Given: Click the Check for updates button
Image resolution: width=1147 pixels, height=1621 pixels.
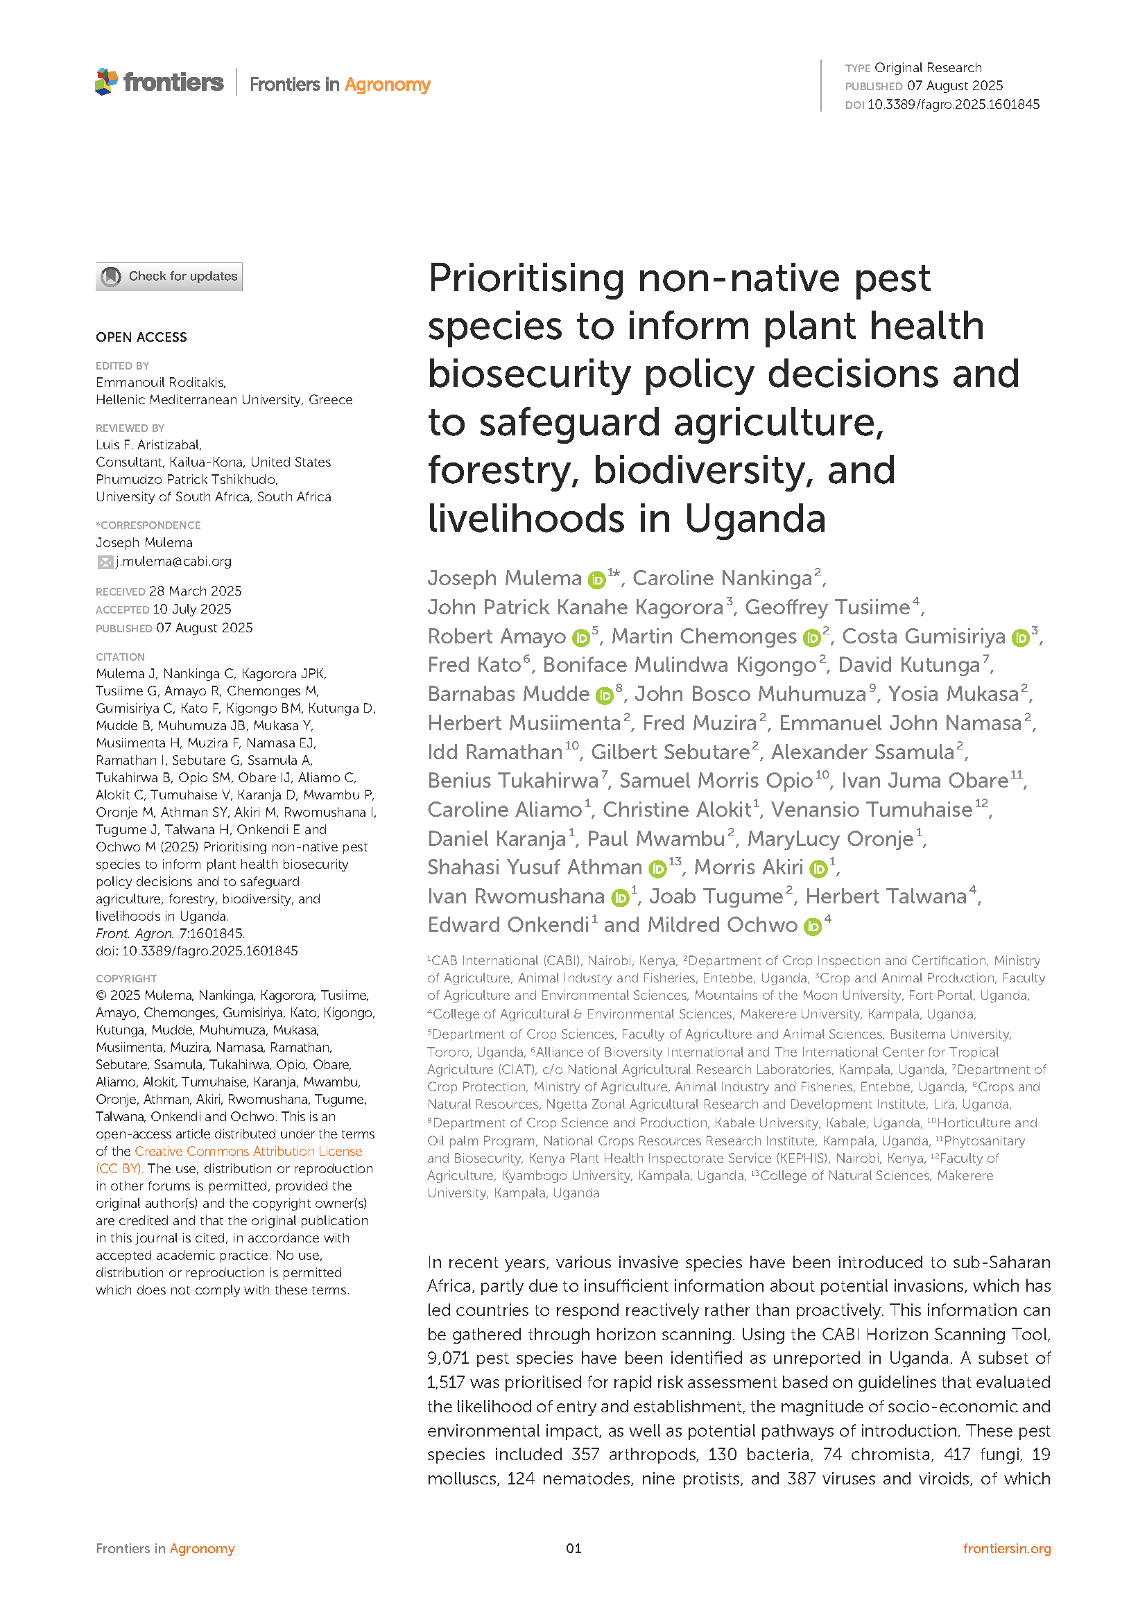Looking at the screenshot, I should coord(169,276).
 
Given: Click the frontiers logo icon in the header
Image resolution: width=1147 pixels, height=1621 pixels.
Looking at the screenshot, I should coord(107,82).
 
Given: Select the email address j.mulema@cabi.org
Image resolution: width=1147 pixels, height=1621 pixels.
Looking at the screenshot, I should coord(174,562).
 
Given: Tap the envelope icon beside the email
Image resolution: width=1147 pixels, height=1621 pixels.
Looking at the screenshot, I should coord(105,562).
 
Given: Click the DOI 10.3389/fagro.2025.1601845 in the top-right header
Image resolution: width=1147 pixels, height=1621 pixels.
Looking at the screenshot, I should coord(953,105).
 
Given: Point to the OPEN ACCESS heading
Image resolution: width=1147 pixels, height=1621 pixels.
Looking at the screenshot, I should coord(141,338).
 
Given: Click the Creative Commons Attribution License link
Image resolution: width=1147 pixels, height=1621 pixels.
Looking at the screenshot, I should coord(248,1152).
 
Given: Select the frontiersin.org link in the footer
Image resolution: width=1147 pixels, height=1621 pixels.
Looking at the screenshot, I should coord(1006,1548).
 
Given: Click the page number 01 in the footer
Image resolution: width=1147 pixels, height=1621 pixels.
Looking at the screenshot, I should coord(573,1548).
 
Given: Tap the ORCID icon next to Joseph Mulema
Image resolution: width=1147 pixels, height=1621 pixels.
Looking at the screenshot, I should coord(597,580).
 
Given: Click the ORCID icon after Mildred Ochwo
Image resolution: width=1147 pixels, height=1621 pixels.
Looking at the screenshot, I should coord(813,926).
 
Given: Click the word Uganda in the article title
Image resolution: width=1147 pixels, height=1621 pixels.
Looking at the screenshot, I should coord(754,519).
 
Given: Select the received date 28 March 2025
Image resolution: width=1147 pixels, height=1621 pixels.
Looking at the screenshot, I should coord(195,591).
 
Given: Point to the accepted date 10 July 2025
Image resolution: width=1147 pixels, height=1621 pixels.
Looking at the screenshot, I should coord(191,609).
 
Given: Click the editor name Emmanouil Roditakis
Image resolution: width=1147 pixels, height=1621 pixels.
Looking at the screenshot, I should coord(160,383).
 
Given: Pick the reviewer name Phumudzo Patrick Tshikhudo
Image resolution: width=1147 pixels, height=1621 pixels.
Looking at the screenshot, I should coord(187,479).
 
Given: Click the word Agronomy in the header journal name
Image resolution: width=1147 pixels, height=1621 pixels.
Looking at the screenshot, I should coord(387,85).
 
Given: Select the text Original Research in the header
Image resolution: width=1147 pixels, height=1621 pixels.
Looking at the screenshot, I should coord(927,68).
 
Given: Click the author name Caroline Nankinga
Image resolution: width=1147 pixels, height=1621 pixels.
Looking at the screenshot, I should coord(722,578).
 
